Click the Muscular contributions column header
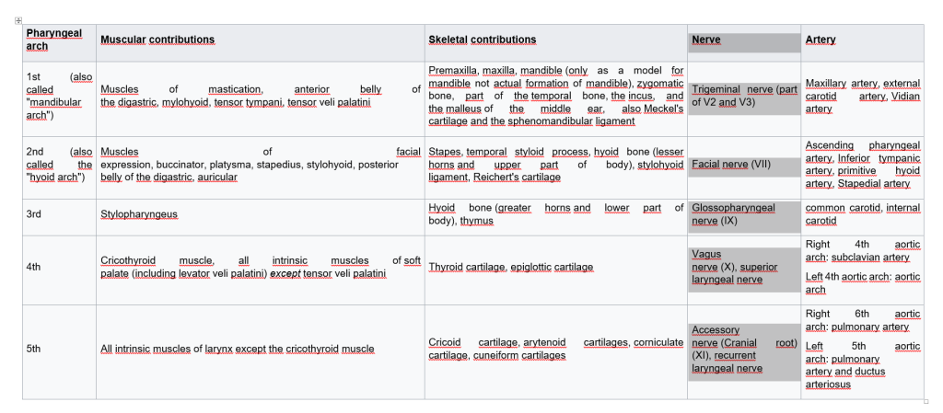(157, 40)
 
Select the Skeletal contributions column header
(482, 40)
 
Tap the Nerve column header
(705, 40)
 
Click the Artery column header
(821, 40)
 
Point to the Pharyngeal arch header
(53, 40)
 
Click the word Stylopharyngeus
(139, 214)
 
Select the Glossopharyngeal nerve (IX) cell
(733, 214)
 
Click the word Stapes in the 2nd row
(445, 152)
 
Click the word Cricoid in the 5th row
(445, 342)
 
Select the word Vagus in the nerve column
(706, 254)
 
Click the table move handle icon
(18, 20)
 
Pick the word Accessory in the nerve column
(716, 329)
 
